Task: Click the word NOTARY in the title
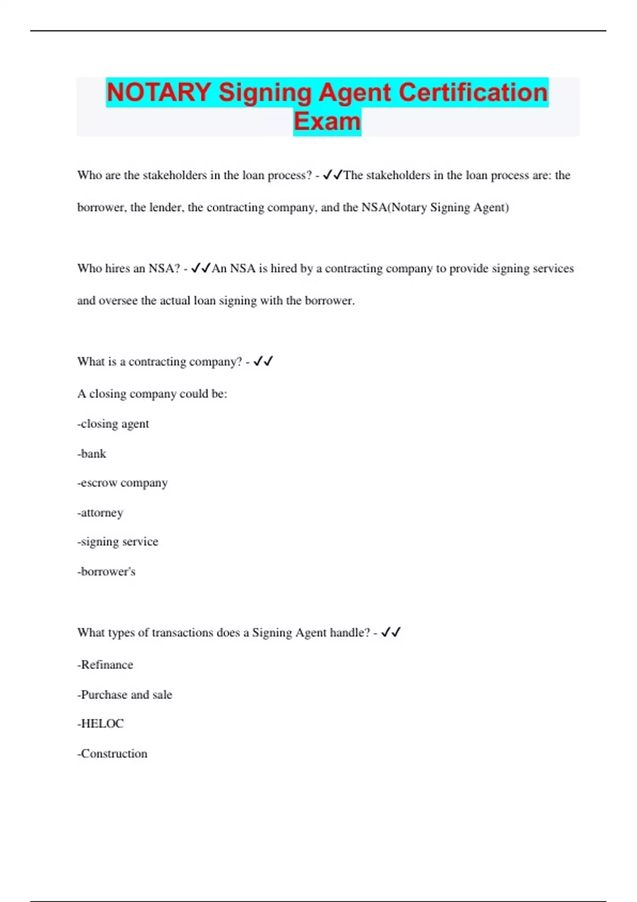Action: click(159, 92)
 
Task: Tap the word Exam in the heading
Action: click(327, 122)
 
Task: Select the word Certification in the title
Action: click(473, 92)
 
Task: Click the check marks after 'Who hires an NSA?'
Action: click(201, 268)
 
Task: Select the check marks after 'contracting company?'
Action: click(263, 361)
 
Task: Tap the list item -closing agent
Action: click(113, 424)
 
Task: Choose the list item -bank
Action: click(92, 454)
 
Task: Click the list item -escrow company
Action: click(123, 483)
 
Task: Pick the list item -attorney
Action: click(100, 513)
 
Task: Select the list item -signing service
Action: click(118, 542)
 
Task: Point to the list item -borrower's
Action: click(106, 571)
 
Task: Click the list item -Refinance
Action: click(105, 665)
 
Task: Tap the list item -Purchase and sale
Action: click(125, 695)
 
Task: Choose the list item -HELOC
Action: click(100, 724)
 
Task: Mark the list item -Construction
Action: click(113, 753)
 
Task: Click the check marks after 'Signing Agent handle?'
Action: click(391, 632)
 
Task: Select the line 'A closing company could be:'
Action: click(152, 394)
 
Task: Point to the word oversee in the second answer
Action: click(118, 301)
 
